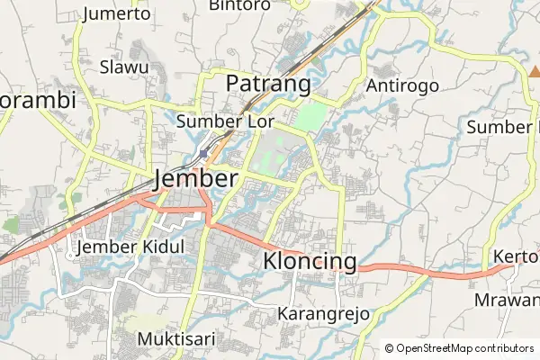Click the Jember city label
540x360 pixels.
(x=196, y=178)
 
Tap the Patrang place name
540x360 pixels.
(x=267, y=84)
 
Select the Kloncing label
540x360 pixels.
(x=310, y=261)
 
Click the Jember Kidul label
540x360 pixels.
(x=131, y=247)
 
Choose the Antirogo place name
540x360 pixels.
(x=402, y=85)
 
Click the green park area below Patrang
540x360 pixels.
(x=310, y=118)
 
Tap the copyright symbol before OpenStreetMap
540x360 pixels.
(x=390, y=348)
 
